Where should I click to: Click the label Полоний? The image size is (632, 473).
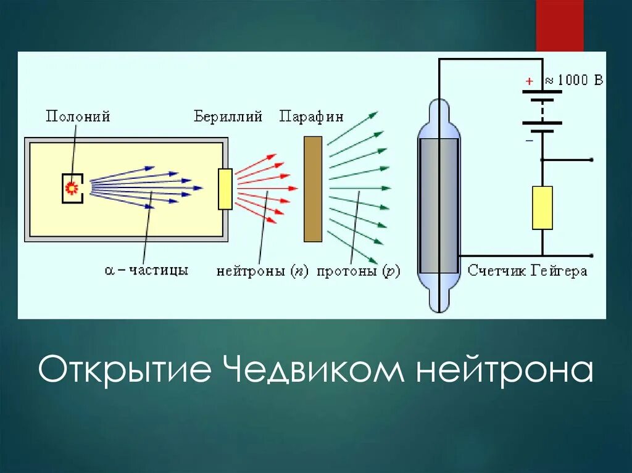[x=78, y=116]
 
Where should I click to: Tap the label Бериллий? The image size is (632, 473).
[x=228, y=116]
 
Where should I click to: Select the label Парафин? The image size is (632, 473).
[x=311, y=116]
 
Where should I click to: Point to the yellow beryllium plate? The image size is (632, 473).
[x=225, y=189]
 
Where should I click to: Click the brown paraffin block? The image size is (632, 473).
[x=313, y=189]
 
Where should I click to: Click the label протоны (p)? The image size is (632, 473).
[x=358, y=271]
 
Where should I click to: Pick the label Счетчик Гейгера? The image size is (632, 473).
[x=527, y=271]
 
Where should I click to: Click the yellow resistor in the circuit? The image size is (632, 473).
[x=542, y=208]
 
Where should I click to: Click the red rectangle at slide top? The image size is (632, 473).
[x=559, y=25]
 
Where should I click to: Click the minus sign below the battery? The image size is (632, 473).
[x=528, y=141]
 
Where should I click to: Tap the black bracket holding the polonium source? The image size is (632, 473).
[x=64, y=188]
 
